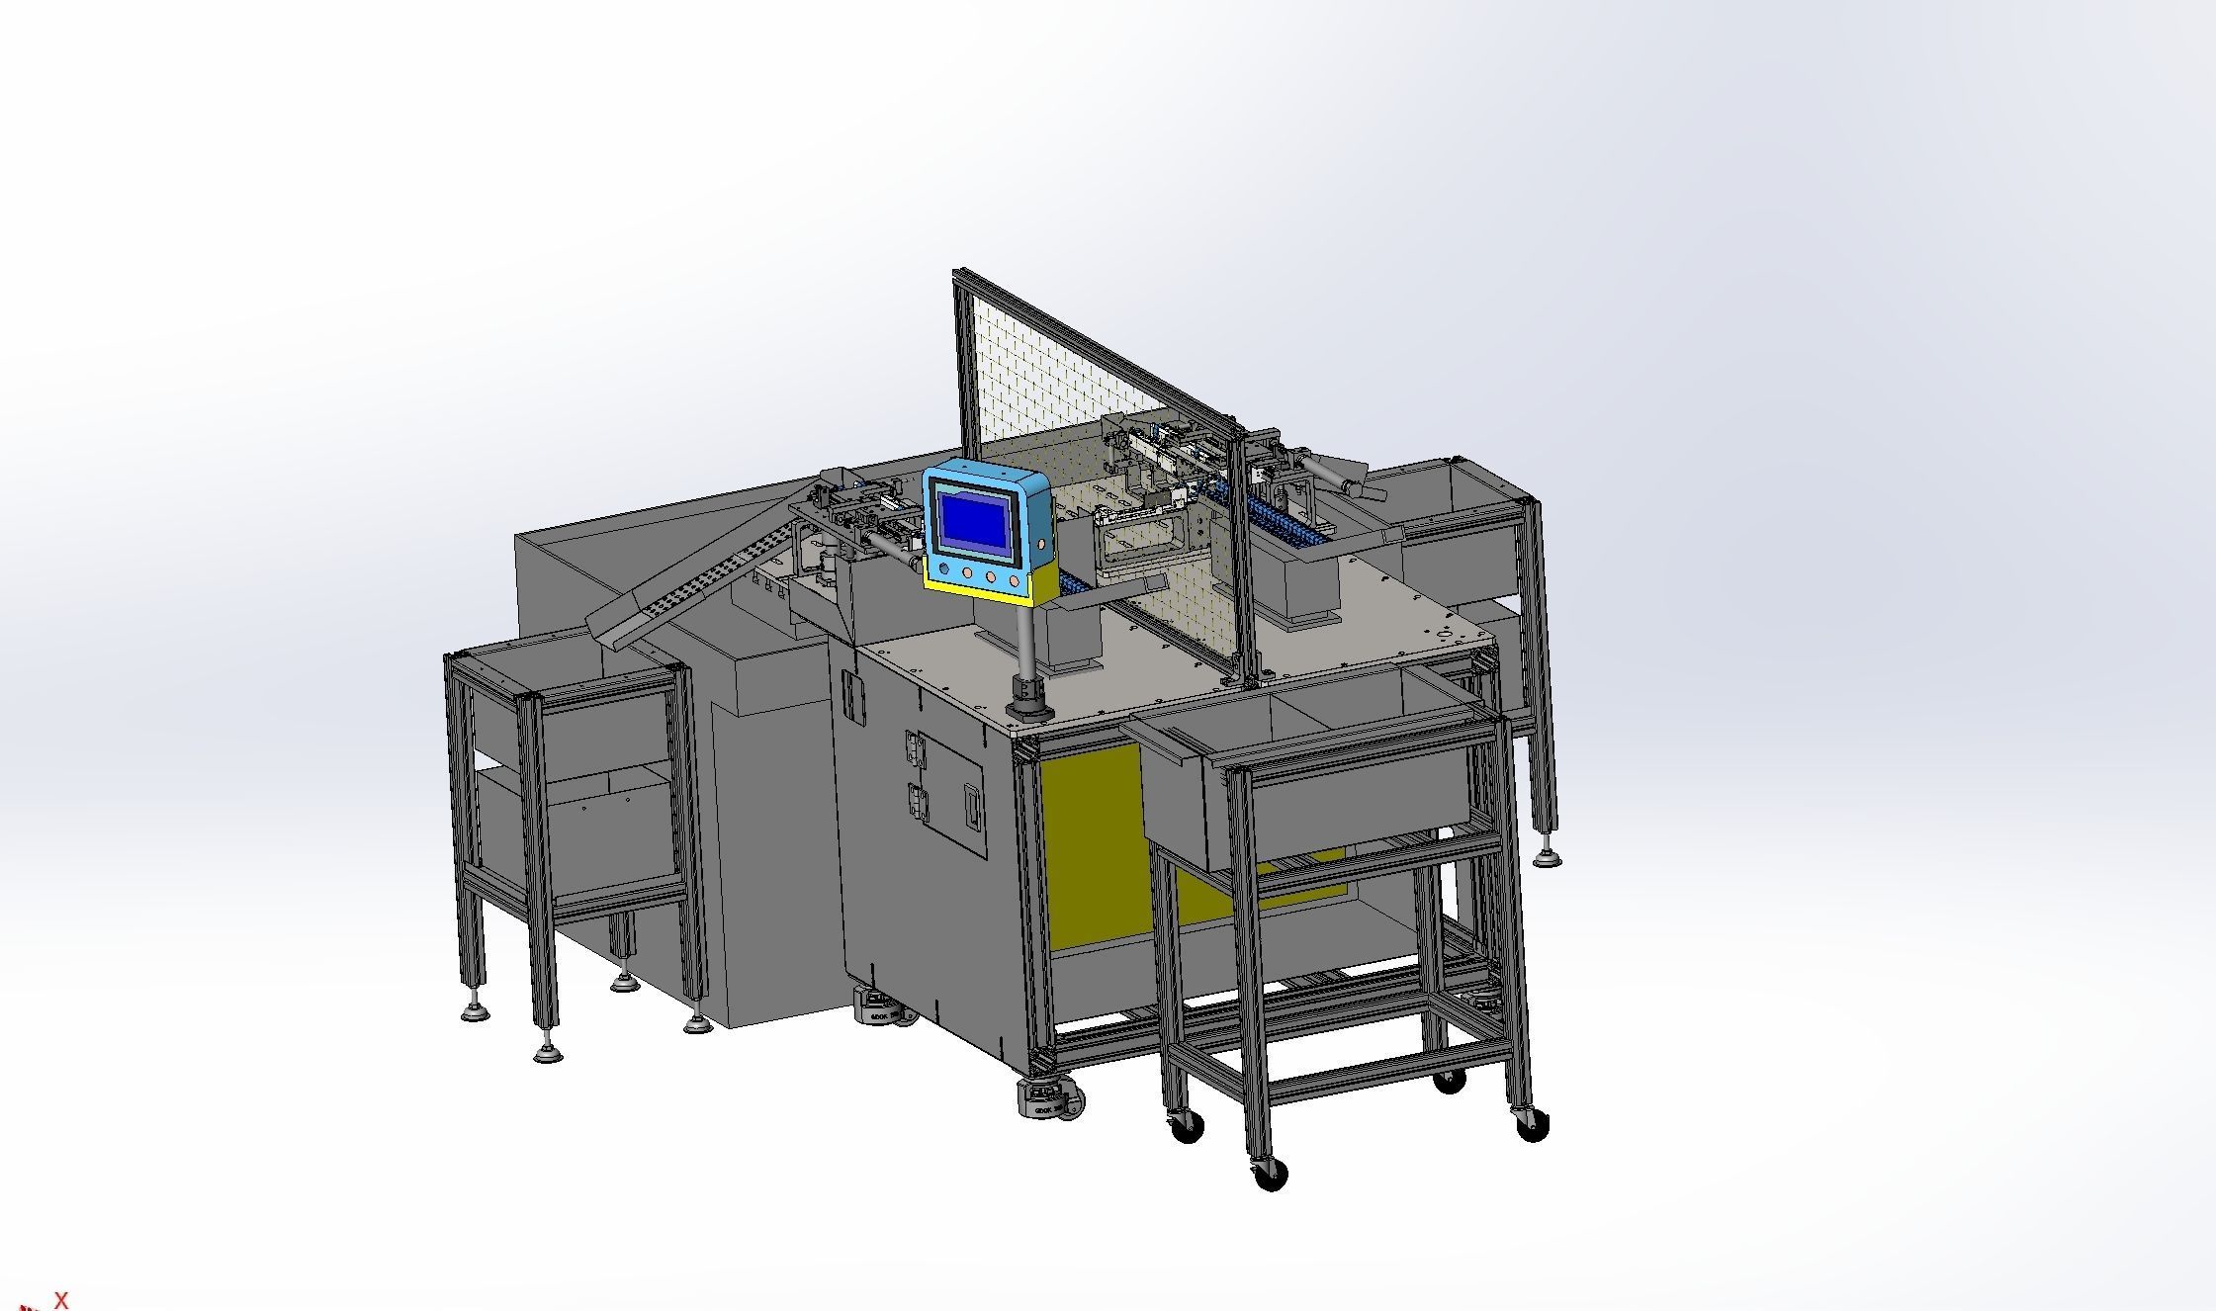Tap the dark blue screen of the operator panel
click(x=974, y=520)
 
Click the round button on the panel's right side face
click(x=1041, y=545)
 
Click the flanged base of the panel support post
click(x=1027, y=701)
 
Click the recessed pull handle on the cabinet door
click(x=974, y=806)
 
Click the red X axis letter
click(x=61, y=1300)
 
